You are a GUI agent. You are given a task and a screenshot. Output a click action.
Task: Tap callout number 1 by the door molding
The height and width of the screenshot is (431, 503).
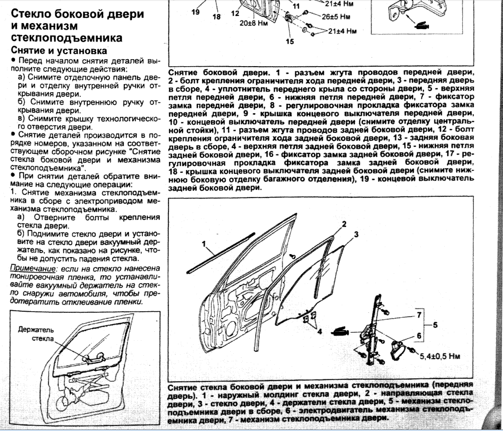pos(205,244)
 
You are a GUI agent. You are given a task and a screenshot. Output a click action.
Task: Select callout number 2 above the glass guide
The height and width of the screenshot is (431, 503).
pos(345,224)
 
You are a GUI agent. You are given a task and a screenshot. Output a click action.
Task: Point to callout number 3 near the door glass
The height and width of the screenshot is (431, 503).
pos(356,234)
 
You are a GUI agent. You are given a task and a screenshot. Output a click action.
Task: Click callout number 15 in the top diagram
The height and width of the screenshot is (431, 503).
pos(289,42)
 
